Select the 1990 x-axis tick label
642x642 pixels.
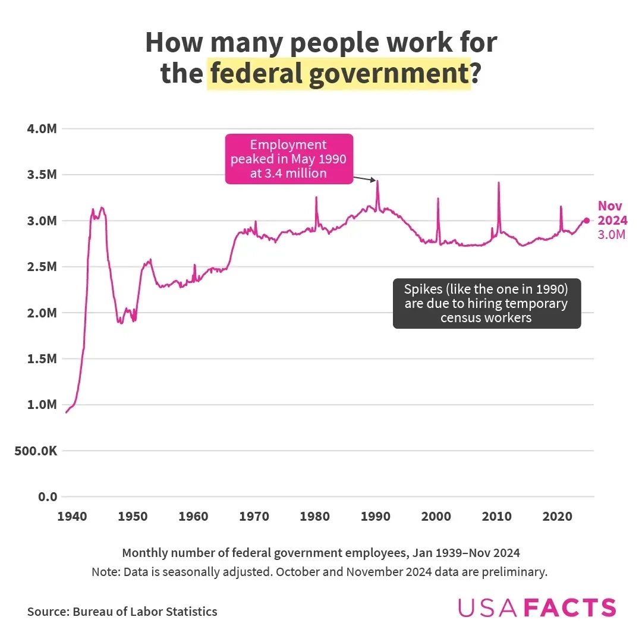(x=375, y=516)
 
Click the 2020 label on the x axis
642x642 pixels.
(x=557, y=516)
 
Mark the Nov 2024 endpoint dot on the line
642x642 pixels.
(x=586, y=221)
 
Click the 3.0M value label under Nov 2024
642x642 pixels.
(x=612, y=235)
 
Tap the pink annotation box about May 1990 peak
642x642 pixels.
(x=289, y=159)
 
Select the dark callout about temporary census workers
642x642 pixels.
(x=486, y=303)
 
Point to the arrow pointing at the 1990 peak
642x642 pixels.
(x=364, y=178)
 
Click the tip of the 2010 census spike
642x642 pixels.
(x=498, y=183)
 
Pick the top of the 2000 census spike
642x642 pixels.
(x=438, y=199)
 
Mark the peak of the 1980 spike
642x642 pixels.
(x=316, y=197)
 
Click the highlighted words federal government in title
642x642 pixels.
(x=338, y=74)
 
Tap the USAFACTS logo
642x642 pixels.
(x=537, y=608)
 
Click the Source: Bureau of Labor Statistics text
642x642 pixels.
(x=122, y=611)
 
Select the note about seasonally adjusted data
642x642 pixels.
(x=319, y=572)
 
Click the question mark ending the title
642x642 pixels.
(x=476, y=74)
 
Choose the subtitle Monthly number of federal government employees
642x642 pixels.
(x=321, y=553)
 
